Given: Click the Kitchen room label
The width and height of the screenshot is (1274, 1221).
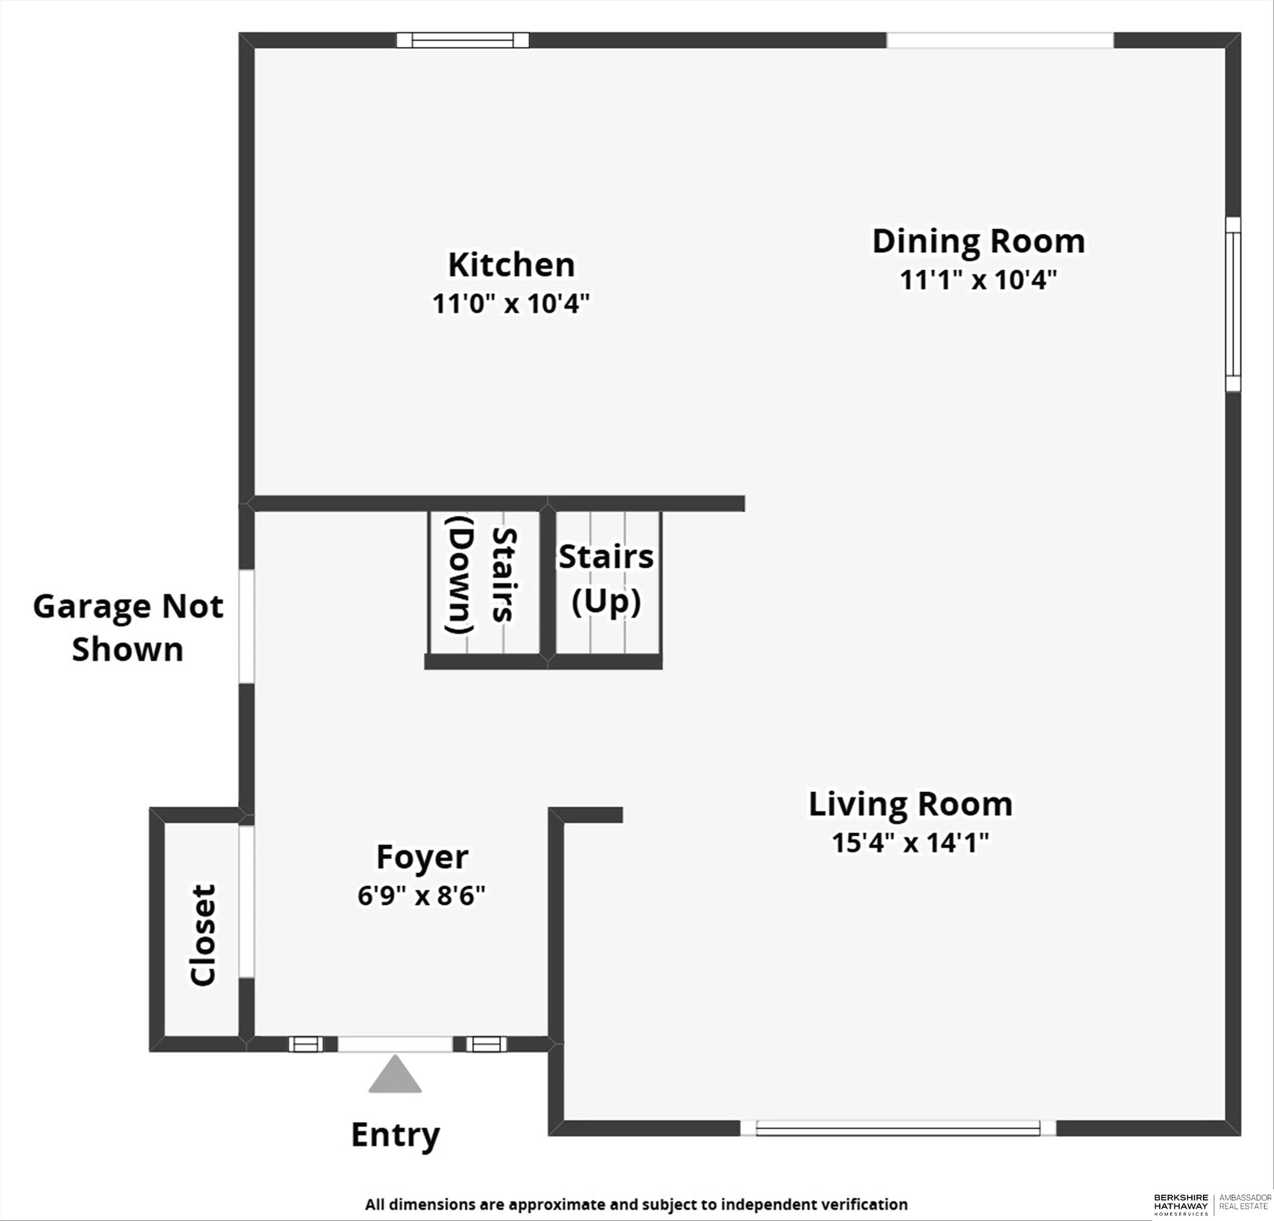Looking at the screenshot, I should click(511, 266).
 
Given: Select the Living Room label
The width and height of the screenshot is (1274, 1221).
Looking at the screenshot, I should click(910, 804).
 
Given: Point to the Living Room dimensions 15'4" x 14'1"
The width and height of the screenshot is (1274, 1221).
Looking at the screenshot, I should click(910, 843).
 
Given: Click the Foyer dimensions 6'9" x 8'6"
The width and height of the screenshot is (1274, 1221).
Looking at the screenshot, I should click(421, 896).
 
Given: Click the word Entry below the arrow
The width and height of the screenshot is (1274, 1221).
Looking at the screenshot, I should click(395, 1135).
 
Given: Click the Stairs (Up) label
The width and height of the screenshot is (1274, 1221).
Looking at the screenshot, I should click(606, 579).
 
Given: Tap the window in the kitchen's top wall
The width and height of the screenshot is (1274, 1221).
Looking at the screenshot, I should click(463, 40).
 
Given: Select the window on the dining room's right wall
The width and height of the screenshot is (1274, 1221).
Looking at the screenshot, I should click(1232, 304).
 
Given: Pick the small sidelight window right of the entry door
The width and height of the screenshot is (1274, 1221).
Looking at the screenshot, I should click(486, 1044).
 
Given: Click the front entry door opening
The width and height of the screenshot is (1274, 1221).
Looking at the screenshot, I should click(395, 1044).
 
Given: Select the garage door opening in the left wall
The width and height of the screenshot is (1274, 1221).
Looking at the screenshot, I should click(246, 626).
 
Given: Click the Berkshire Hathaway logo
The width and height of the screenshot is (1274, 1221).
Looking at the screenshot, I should click(1181, 1204).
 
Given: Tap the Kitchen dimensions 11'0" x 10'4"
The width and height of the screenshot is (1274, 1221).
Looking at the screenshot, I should click(511, 304).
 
